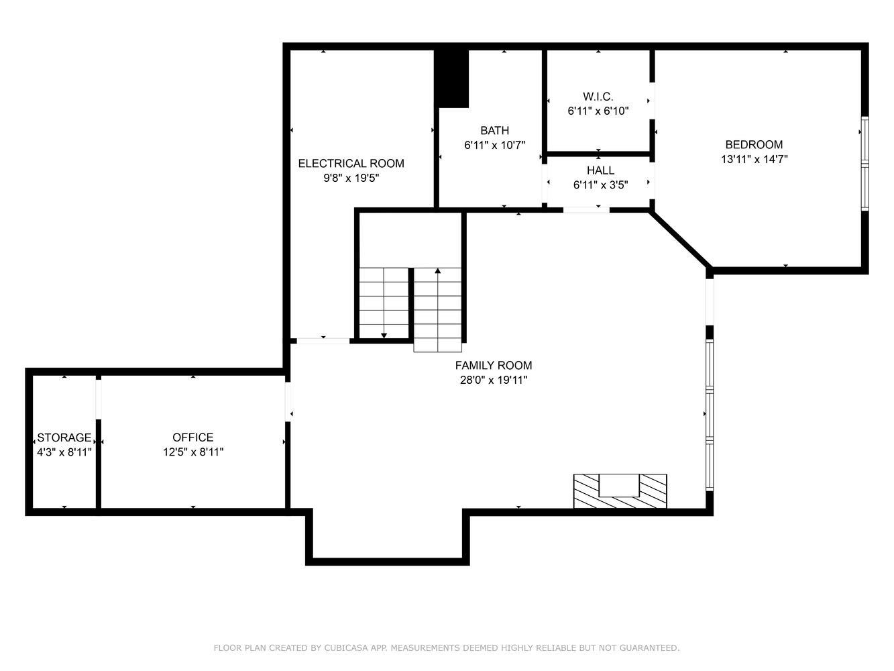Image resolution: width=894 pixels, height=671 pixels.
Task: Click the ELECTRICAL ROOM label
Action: point(351,163)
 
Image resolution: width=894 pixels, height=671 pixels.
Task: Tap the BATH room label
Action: point(494,130)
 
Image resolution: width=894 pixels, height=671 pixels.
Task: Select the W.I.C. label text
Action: point(598,97)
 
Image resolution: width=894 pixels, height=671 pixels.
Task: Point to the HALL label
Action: point(600,170)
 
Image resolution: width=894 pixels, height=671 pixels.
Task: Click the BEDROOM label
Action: point(754,145)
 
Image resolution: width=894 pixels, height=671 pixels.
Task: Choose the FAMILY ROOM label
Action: point(494,366)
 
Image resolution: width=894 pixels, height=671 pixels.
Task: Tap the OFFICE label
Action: point(193,437)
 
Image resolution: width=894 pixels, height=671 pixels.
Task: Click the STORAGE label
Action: point(64,437)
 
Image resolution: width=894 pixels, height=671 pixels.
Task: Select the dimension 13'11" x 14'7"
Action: point(755,159)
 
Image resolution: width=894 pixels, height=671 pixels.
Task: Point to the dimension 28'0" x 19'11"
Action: point(494,380)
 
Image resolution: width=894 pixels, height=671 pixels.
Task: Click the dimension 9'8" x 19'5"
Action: point(351,178)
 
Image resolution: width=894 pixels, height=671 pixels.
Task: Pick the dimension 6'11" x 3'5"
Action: point(600,185)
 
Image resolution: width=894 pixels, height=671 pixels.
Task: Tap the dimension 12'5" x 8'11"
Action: point(193,452)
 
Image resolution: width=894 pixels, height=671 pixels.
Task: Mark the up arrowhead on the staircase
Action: point(438,270)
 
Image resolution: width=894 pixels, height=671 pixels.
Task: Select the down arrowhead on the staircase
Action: point(384,335)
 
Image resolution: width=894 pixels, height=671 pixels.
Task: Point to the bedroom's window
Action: point(864,164)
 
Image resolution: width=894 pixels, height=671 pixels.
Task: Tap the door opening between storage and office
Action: point(98,399)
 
